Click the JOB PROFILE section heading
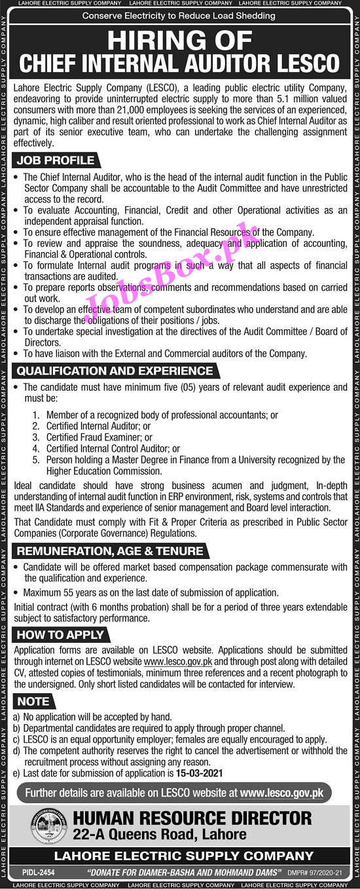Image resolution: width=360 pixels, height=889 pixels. [56, 160]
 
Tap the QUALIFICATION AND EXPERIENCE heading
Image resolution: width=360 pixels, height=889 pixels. [115, 371]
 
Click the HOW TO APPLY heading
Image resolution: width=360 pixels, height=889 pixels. [60, 635]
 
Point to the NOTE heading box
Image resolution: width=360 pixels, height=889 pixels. [33, 701]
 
